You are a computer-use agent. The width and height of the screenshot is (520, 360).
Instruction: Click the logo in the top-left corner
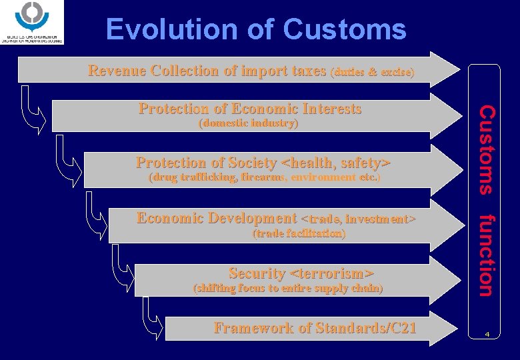[33, 23]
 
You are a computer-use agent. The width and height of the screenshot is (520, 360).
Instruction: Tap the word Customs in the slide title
[344, 30]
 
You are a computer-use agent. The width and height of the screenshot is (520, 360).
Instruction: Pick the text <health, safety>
[336, 163]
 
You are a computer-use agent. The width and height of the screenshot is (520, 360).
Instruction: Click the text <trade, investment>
[359, 219]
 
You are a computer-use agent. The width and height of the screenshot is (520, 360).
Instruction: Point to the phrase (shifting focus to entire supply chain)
[287, 289]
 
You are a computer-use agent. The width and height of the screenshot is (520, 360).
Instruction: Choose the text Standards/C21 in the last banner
[366, 328]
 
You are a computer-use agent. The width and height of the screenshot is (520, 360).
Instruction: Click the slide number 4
[487, 333]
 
